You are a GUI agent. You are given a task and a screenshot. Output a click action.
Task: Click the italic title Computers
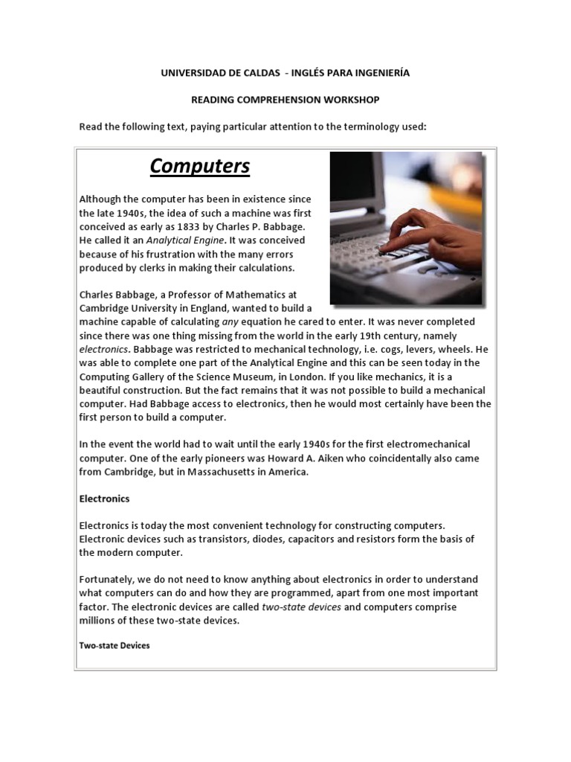point(200,166)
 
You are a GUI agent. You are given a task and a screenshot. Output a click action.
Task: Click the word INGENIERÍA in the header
point(375,73)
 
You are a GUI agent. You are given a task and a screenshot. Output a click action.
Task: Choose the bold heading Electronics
point(104,499)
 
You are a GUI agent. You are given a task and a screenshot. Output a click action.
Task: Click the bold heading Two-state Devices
point(114,645)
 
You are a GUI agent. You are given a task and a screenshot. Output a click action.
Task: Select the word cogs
point(385,349)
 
